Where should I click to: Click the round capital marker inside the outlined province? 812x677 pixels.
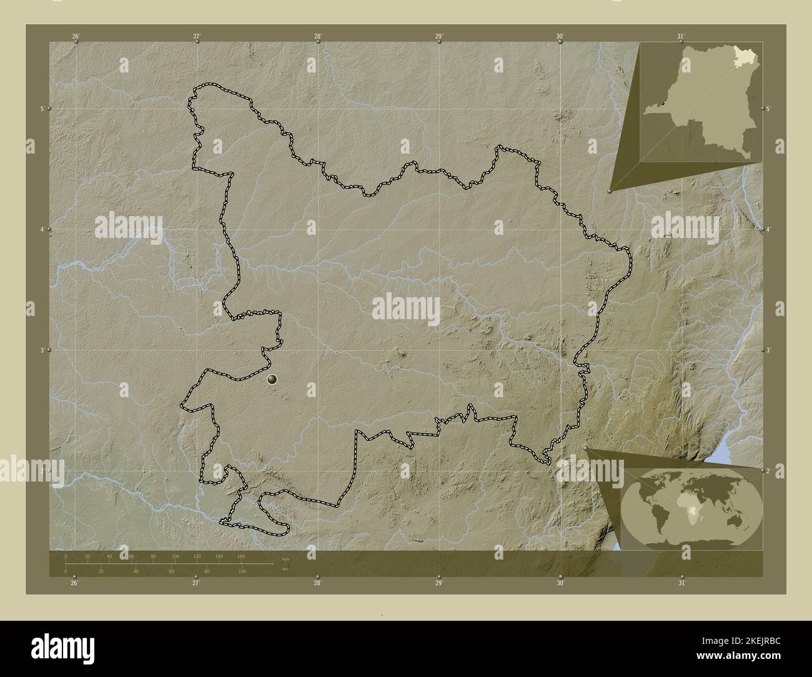coord(272,378)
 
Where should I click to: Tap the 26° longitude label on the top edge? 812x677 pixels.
coord(76,36)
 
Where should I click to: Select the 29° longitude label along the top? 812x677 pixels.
coord(439,36)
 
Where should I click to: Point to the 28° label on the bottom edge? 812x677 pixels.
coord(317,583)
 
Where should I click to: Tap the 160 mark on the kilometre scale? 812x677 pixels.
coord(241,556)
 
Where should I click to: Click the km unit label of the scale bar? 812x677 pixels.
coord(285,558)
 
